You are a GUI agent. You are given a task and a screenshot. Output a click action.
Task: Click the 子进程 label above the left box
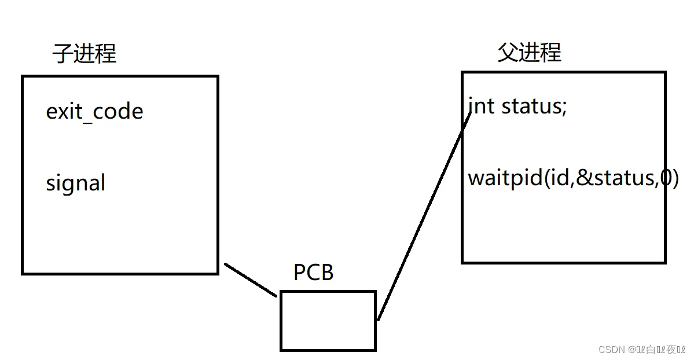click(85, 54)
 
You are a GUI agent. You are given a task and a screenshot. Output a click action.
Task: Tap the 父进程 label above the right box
click(529, 53)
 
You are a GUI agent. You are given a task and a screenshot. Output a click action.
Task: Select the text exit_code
click(94, 111)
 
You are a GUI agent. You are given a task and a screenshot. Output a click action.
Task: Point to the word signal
click(76, 183)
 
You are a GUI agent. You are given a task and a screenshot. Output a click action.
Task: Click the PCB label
click(314, 272)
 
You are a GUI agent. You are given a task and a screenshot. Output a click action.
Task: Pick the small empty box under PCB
click(328, 321)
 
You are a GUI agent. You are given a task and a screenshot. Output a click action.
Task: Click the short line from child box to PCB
click(251, 280)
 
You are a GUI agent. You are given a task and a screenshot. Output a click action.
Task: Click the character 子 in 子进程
click(63, 54)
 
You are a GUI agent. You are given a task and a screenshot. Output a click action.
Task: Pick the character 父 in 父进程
click(508, 53)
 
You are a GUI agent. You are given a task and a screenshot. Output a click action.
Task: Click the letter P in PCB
click(300, 272)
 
